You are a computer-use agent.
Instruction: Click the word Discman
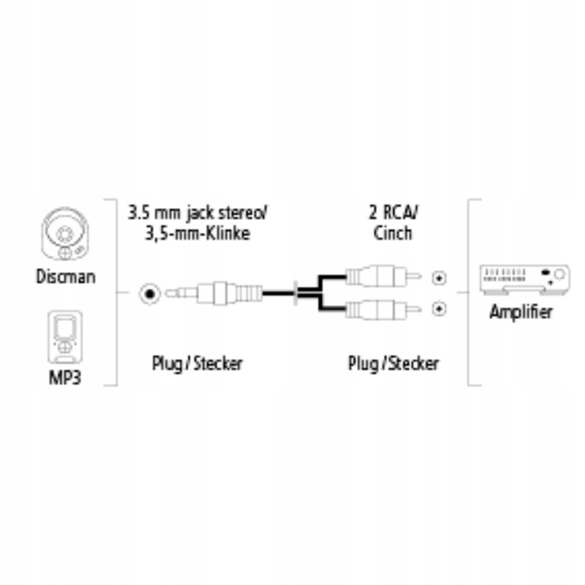tap(67, 277)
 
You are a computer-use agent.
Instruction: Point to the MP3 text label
tap(67, 379)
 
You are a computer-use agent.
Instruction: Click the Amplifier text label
tap(521, 311)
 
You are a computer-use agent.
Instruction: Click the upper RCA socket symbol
tap(440, 277)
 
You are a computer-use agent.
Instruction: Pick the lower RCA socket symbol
tap(440, 308)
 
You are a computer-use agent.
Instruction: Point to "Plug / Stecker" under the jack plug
tap(197, 362)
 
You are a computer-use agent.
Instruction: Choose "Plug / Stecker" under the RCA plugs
tap(393, 362)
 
